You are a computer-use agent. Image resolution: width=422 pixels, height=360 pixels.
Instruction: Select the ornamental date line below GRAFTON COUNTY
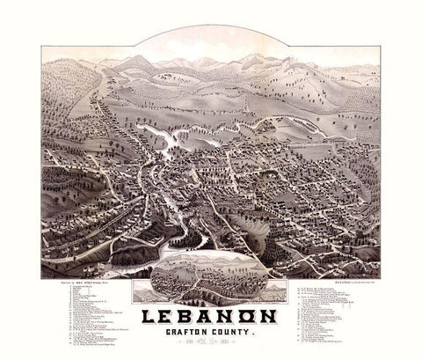point(211,344)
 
